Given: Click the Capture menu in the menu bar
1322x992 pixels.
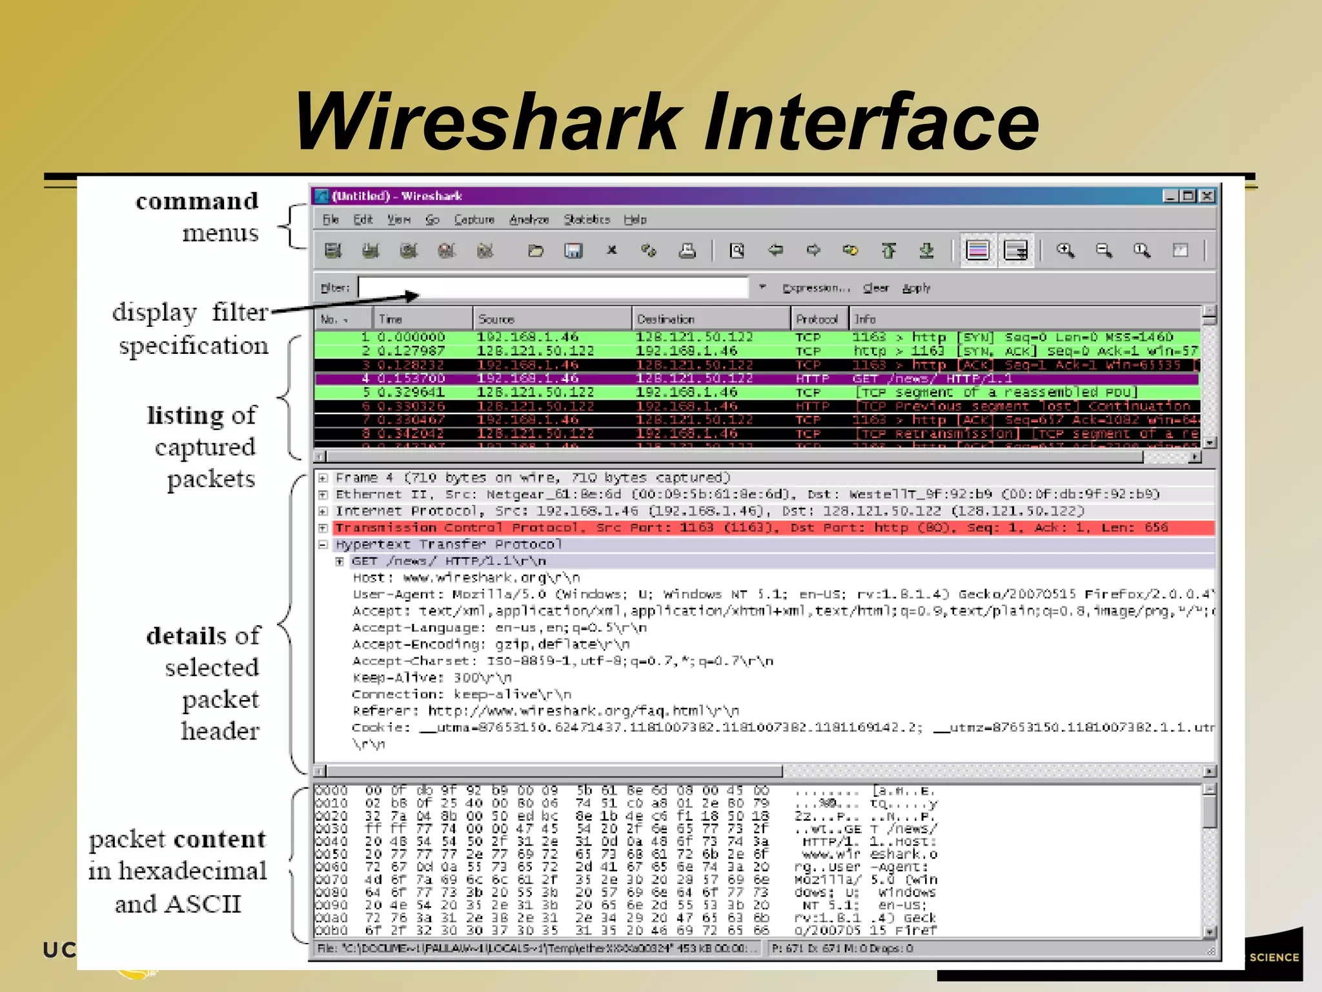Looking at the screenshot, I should coord(474,220).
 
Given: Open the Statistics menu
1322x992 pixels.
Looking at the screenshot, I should coord(586,220).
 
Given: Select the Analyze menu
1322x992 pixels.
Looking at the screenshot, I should coord(529,220).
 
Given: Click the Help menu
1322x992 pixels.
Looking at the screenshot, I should coord(635,220).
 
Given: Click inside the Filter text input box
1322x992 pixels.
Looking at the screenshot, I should coord(553,287).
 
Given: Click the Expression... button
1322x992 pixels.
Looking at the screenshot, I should coord(816,288).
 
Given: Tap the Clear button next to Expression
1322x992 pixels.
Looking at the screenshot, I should coord(875,288).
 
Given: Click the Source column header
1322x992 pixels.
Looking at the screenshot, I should coord(496,319).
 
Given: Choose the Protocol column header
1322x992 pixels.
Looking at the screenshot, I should coord(817,319).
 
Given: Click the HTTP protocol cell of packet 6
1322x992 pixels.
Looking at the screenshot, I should coord(811,406).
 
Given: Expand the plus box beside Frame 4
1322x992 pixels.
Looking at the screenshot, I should coord(323,478).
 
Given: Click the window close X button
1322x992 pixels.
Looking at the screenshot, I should coord(1206,196).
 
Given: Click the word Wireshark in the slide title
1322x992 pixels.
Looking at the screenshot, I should coord(488,121).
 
